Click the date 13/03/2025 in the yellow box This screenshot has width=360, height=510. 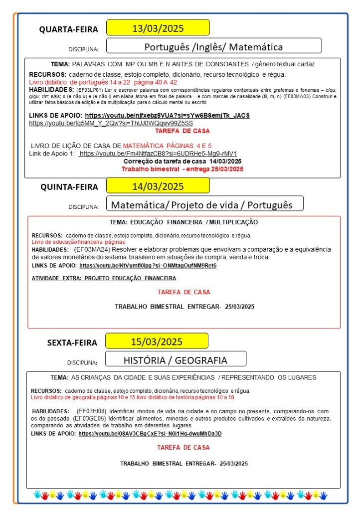pos(158,27)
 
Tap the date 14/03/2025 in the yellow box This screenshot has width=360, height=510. pos(158,186)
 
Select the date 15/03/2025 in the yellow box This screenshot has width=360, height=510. pos(157,341)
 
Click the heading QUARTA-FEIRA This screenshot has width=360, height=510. pos(69,29)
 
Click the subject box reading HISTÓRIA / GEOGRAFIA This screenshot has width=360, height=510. pos(175,359)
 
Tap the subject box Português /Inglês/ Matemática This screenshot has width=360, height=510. pos(213,47)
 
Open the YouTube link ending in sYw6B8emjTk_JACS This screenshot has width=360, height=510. pos(167,116)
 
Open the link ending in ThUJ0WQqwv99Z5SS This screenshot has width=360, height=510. pos(111,123)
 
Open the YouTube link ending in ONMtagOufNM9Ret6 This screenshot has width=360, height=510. pos(148,266)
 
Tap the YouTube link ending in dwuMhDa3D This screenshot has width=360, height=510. pos(150,434)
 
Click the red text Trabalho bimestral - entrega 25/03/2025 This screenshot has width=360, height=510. pos(182,169)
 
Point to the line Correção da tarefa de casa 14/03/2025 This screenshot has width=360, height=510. pos(182,162)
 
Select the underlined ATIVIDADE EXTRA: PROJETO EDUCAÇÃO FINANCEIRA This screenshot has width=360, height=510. pos(104,278)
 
